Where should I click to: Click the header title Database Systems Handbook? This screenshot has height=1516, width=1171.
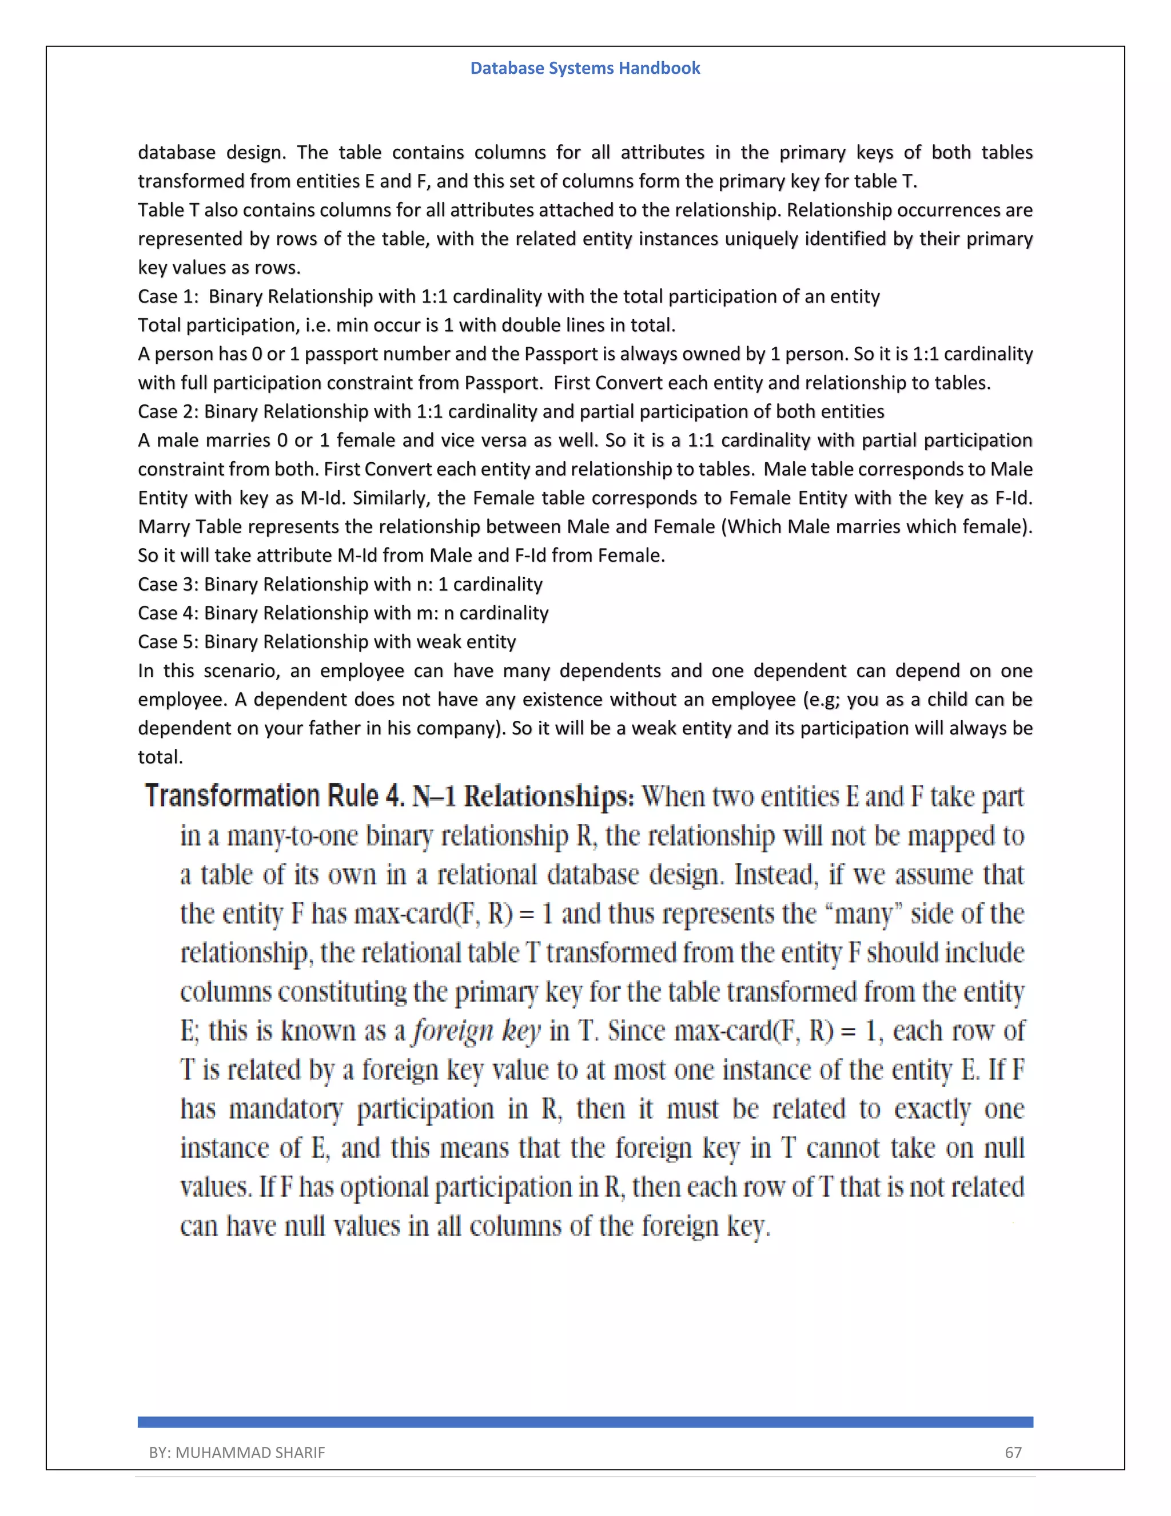click(x=585, y=68)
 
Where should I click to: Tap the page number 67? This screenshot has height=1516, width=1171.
click(x=1013, y=1452)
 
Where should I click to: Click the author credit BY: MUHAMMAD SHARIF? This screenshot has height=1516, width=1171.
click(x=237, y=1452)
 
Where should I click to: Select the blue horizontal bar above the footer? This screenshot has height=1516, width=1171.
click(x=585, y=1422)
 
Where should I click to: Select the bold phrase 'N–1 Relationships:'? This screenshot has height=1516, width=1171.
click(x=523, y=796)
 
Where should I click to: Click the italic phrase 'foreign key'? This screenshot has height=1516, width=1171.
click(x=477, y=1031)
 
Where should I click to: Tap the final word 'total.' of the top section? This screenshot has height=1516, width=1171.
click(x=160, y=757)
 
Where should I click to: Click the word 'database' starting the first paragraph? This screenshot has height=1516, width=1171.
click(x=176, y=153)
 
